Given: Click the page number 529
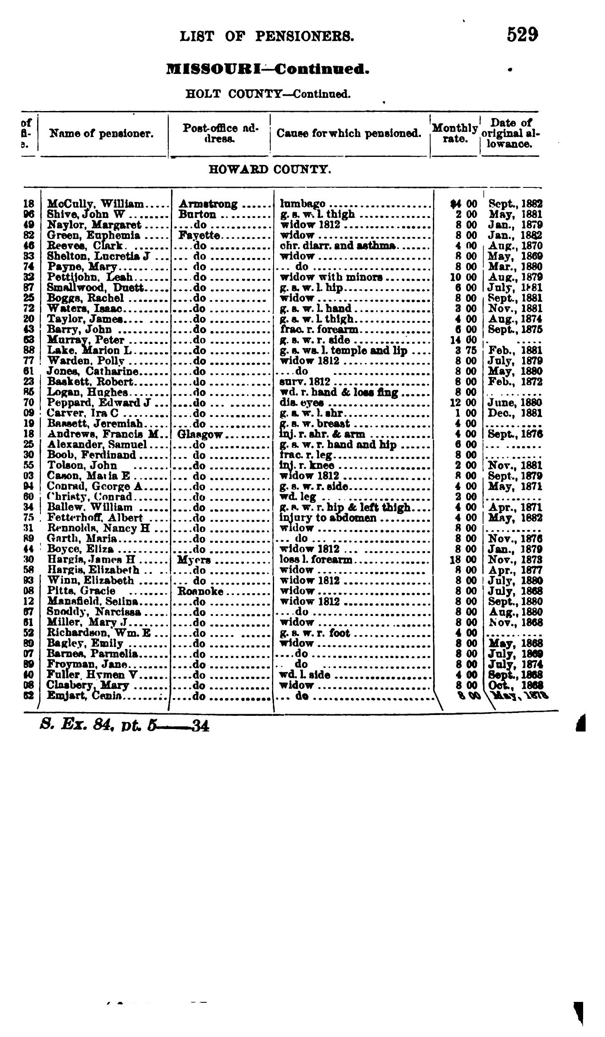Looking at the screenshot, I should (x=522, y=35).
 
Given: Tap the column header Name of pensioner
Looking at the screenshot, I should (x=101, y=133).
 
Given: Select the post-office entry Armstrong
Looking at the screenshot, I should (x=208, y=204).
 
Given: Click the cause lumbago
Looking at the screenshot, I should (x=302, y=204).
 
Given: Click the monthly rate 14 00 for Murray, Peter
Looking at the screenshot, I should (x=463, y=340).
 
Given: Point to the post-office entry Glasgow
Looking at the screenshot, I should (x=200, y=434).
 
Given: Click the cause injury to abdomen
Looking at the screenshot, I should (x=328, y=518).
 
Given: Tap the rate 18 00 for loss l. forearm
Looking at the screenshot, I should (x=463, y=560).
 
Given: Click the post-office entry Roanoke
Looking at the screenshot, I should (x=200, y=591).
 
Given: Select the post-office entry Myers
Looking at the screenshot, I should (x=194, y=560).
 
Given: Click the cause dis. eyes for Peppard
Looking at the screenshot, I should (x=302, y=403).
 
